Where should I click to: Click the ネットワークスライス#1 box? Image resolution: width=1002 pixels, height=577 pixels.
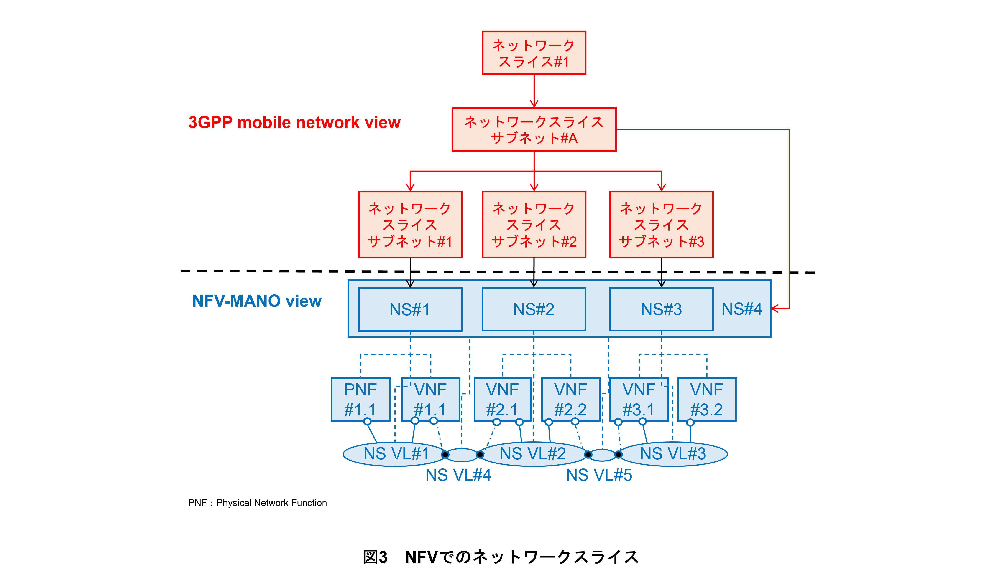(x=534, y=53)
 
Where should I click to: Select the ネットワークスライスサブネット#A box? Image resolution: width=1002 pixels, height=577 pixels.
(x=534, y=130)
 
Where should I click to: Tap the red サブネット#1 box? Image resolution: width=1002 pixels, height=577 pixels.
(x=410, y=225)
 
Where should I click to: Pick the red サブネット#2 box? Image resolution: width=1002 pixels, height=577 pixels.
(x=534, y=225)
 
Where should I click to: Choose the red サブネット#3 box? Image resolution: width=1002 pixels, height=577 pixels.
(x=661, y=225)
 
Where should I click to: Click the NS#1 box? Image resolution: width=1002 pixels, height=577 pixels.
(x=410, y=309)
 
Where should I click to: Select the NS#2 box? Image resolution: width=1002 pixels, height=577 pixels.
(x=534, y=309)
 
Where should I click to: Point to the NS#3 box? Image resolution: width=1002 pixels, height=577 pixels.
(x=661, y=309)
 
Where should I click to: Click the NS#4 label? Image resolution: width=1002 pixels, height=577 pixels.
(x=741, y=309)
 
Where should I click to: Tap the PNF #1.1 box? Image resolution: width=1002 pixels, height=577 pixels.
(x=360, y=399)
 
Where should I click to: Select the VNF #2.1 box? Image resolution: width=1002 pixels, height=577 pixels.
(x=502, y=399)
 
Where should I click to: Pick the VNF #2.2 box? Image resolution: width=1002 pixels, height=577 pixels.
(x=571, y=399)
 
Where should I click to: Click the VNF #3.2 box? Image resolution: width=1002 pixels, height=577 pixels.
(x=707, y=399)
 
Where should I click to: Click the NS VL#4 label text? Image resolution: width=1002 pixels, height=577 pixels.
(x=458, y=475)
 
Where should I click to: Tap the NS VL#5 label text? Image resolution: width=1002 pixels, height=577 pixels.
(x=599, y=475)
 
